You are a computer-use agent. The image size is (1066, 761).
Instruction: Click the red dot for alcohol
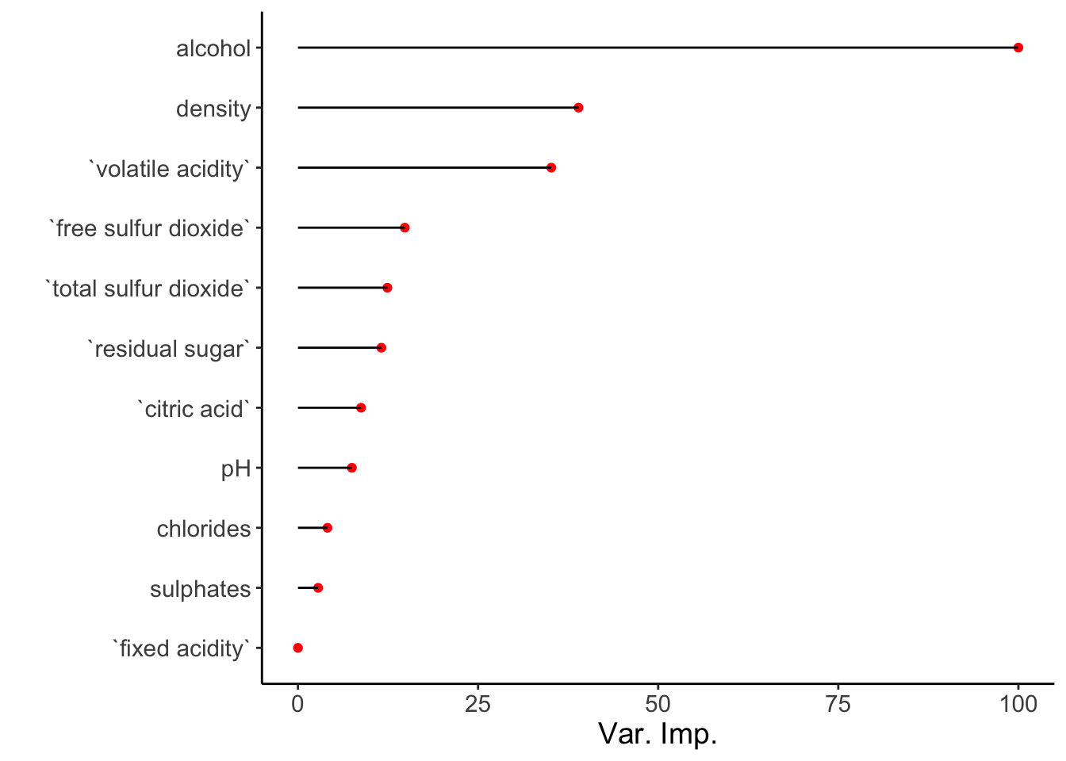click(x=1018, y=48)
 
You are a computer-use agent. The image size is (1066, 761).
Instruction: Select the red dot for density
click(x=578, y=108)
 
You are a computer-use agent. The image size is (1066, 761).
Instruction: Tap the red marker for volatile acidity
click(x=551, y=167)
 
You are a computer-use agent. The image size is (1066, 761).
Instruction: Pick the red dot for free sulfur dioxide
click(x=405, y=228)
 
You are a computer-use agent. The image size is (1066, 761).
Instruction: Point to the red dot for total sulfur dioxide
click(x=387, y=288)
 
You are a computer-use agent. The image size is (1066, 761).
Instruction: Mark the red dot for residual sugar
click(x=382, y=348)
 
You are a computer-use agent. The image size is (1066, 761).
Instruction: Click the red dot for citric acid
click(x=361, y=407)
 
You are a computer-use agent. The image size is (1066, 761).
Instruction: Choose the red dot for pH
click(x=352, y=468)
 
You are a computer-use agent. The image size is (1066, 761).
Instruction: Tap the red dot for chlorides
click(x=328, y=528)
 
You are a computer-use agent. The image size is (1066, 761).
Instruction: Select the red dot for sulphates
click(x=318, y=588)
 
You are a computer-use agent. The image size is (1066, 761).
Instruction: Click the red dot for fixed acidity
click(x=298, y=648)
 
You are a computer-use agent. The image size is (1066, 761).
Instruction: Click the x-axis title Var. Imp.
click(x=658, y=734)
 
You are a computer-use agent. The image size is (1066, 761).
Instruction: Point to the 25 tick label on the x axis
click(x=477, y=703)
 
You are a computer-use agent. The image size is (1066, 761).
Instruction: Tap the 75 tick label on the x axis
click(x=838, y=703)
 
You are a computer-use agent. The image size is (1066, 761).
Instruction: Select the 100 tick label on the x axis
click(x=1018, y=703)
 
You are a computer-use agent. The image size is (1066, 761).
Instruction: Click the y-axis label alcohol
click(x=213, y=48)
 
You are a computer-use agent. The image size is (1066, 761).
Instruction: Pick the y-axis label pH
click(x=236, y=469)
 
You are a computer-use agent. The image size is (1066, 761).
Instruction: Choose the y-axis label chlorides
click(x=204, y=529)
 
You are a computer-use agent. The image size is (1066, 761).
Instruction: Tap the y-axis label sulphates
click(x=200, y=589)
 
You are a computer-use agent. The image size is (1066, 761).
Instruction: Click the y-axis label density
click(x=213, y=109)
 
